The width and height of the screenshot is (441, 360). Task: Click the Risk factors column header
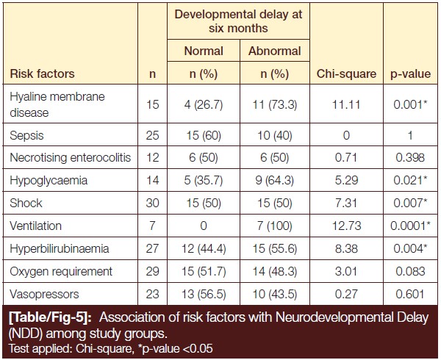point(42,73)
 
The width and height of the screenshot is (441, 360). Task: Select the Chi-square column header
point(346,74)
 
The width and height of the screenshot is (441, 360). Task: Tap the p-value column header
point(410,74)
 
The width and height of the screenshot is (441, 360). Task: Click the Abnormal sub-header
point(275,51)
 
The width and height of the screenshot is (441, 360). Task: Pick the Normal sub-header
point(204,51)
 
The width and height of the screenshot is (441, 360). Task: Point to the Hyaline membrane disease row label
point(57,104)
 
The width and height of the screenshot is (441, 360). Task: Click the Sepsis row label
point(26,135)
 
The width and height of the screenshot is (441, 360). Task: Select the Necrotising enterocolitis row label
point(71,157)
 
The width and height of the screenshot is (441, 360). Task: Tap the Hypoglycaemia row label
point(49,181)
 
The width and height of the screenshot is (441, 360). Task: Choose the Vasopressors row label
point(44,294)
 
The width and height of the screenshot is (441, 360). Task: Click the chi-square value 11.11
point(346,105)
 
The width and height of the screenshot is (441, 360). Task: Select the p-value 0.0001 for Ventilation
point(410,226)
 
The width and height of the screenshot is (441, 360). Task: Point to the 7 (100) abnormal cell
point(275,226)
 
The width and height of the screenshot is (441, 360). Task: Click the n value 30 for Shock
point(152,203)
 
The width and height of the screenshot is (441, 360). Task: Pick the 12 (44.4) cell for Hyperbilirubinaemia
point(204,249)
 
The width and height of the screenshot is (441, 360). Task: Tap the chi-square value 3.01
point(346,272)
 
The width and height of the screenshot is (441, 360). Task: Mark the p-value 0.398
point(410,157)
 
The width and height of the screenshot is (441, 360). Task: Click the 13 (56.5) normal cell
point(204,294)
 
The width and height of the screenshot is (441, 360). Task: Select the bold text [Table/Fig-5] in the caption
point(50,317)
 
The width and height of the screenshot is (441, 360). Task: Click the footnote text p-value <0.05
point(177,349)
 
